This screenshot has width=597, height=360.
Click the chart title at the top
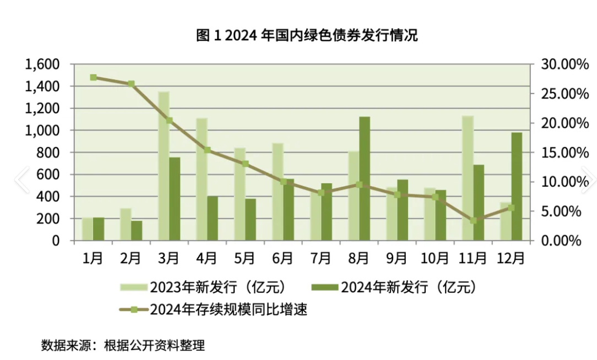coord(307,36)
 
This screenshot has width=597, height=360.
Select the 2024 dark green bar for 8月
coord(364,178)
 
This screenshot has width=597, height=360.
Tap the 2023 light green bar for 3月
coord(164,166)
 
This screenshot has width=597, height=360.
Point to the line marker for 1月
coord(93,78)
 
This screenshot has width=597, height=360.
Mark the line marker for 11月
coord(473,220)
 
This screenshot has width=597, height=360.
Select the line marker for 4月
coord(207,150)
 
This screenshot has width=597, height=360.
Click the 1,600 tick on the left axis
coord(42,64)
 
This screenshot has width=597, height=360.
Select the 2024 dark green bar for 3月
coord(174,199)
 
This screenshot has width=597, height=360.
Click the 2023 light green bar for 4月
coord(202,179)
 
